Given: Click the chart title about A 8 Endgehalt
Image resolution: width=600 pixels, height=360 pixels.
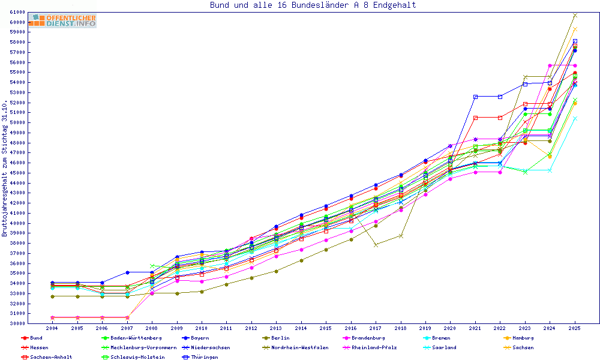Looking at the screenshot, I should click(313, 5).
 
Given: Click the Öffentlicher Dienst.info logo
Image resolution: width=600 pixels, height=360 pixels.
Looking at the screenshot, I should click(62, 21).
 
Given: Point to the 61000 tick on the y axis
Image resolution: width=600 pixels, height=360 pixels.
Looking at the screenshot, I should click(17, 13).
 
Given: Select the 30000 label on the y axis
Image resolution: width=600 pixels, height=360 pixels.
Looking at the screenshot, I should click(17, 323).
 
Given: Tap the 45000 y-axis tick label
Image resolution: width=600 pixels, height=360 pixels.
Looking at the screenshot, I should click(17, 173).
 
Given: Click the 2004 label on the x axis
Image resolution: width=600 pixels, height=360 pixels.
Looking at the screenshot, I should click(52, 329).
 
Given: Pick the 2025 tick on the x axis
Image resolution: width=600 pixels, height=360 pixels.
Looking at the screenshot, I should click(575, 329).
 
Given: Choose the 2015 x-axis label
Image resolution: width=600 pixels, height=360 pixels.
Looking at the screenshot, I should click(325, 329).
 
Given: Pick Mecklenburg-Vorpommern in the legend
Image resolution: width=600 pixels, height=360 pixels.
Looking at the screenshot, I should click(143, 347).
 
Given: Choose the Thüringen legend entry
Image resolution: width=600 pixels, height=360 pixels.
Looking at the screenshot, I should click(205, 357).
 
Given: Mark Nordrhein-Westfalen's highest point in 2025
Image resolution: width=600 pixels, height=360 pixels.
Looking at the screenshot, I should click(575, 15).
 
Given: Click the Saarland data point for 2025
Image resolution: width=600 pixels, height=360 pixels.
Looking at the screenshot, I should click(575, 118).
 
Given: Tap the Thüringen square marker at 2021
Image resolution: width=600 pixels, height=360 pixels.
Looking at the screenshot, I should click(475, 97).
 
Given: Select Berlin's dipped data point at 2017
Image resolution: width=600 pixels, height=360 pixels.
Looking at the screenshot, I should click(376, 245).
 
